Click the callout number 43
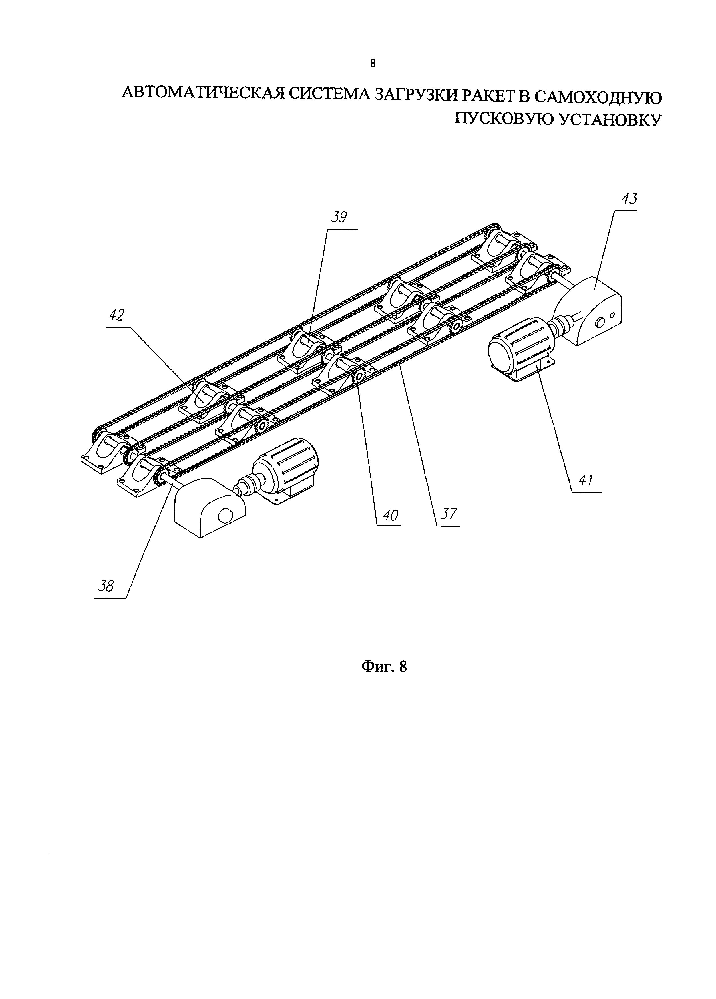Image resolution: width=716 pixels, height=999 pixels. coord(629,199)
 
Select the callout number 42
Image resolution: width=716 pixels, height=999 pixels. coord(117,315)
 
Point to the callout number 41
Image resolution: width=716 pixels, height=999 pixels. coord(586,480)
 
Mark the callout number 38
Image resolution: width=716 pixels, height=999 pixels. coord(106,586)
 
